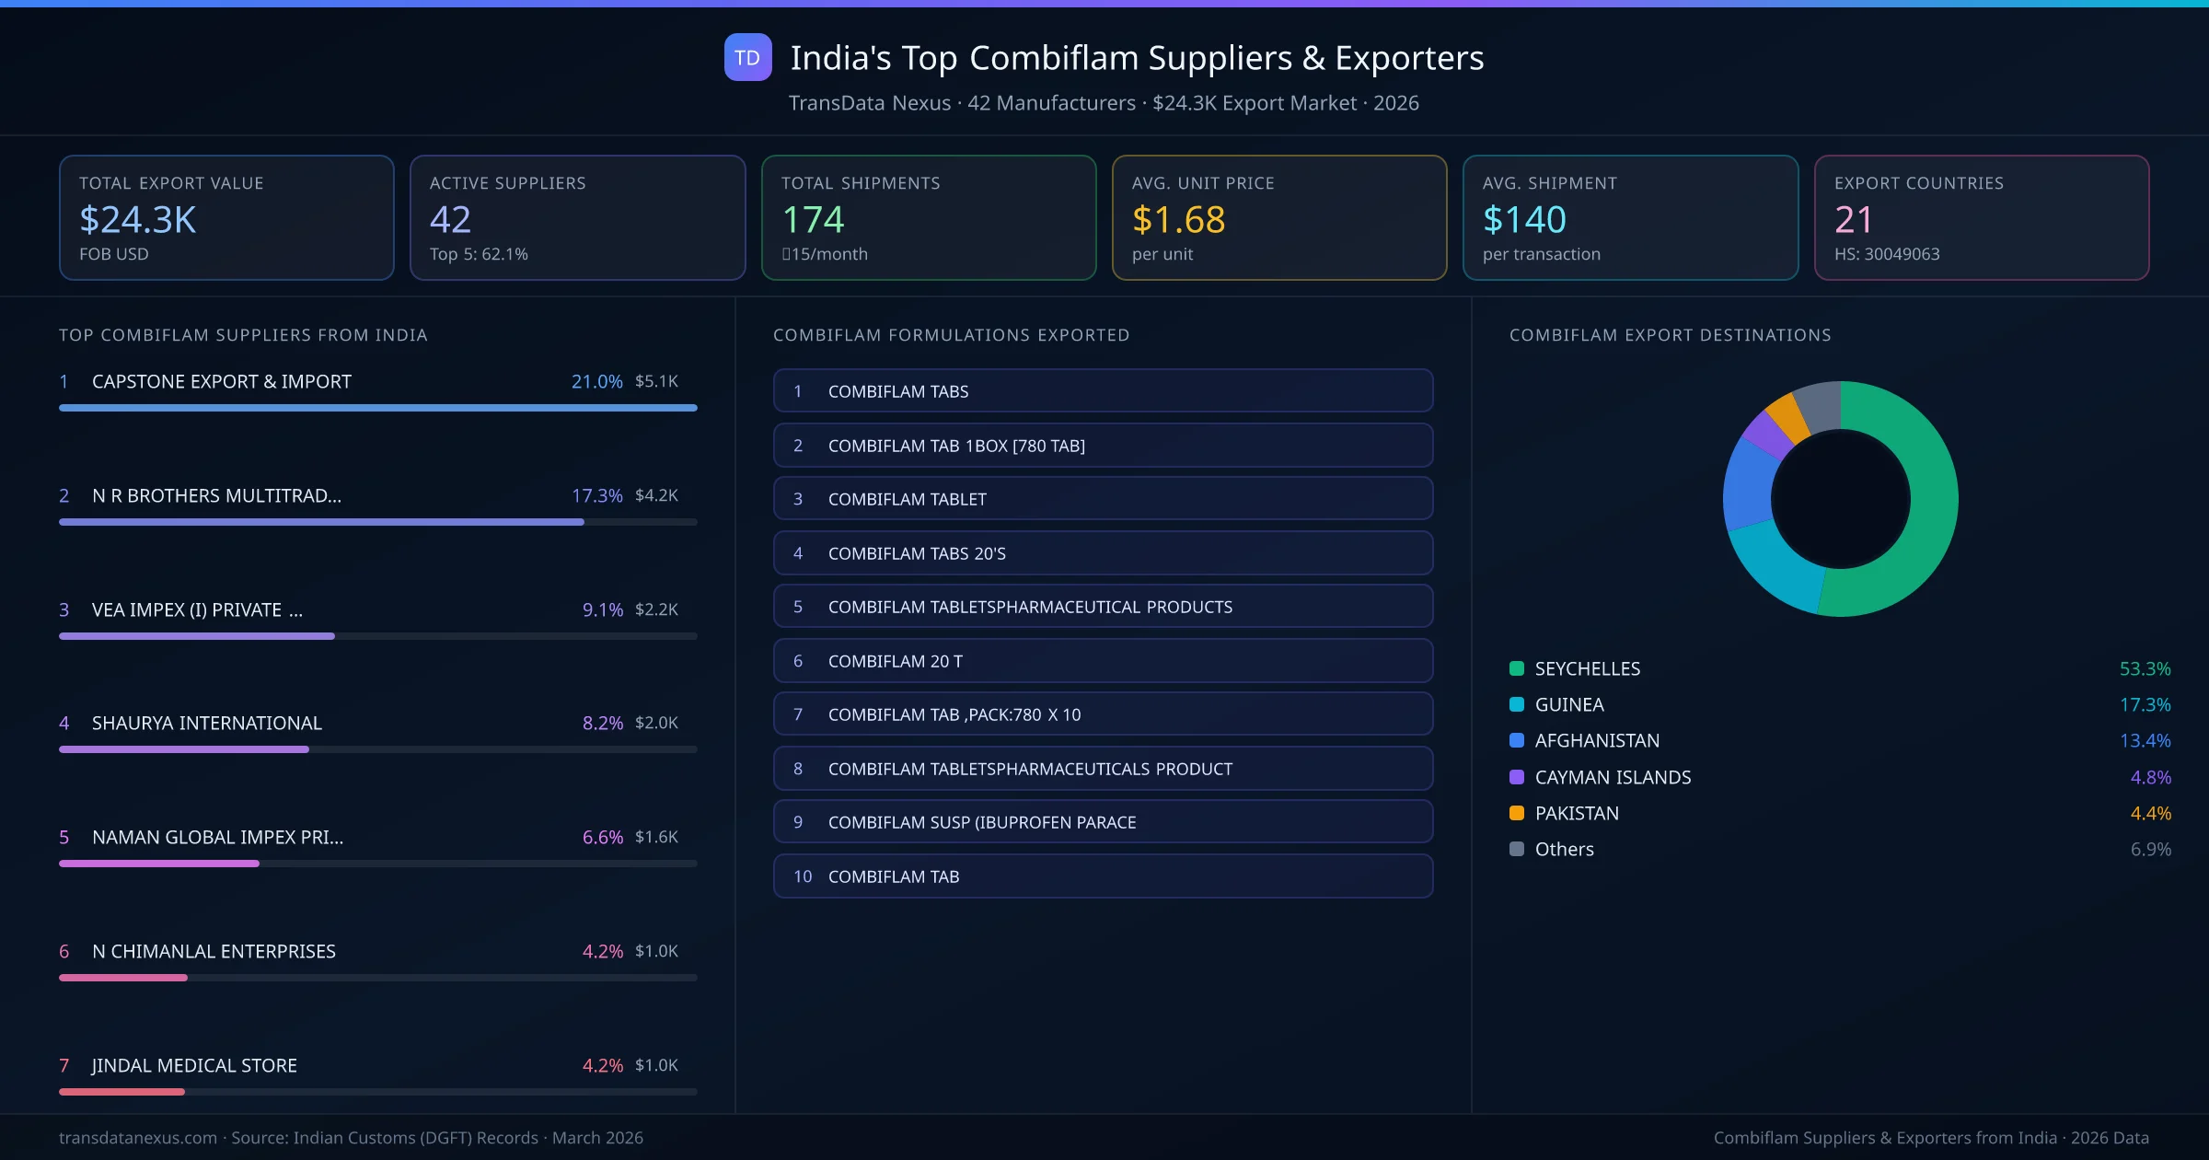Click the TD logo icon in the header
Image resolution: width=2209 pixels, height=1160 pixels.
(x=747, y=58)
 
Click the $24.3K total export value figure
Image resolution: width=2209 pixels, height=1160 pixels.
(x=138, y=220)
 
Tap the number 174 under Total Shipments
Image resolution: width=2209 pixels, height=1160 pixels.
(x=813, y=220)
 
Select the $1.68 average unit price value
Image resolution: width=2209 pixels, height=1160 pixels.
(x=1178, y=220)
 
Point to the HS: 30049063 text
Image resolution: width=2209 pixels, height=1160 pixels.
(x=1886, y=254)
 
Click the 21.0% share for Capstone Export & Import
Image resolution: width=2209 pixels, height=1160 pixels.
(x=596, y=381)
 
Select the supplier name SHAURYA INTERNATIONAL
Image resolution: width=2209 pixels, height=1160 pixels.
(x=207, y=724)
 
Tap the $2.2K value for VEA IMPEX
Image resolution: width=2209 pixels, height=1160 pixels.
(x=656, y=609)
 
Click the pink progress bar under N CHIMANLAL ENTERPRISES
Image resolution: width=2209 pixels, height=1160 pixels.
(x=123, y=978)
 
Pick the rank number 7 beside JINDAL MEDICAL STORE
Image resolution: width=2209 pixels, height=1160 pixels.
(x=64, y=1066)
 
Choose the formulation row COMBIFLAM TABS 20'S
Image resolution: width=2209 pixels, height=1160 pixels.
(x=1103, y=553)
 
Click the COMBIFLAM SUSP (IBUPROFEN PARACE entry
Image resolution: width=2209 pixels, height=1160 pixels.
(x=1103, y=822)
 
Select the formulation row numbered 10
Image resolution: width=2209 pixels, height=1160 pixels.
(x=1103, y=876)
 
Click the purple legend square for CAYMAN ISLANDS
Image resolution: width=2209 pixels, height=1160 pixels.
(x=1517, y=777)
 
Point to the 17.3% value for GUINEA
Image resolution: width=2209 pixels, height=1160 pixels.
(x=2145, y=705)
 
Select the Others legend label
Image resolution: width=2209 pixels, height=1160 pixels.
(x=1564, y=850)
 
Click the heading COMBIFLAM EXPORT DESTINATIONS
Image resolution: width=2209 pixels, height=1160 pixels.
(x=1670, y=335)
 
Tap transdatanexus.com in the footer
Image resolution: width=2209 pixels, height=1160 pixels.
(x=138, y=1138)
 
